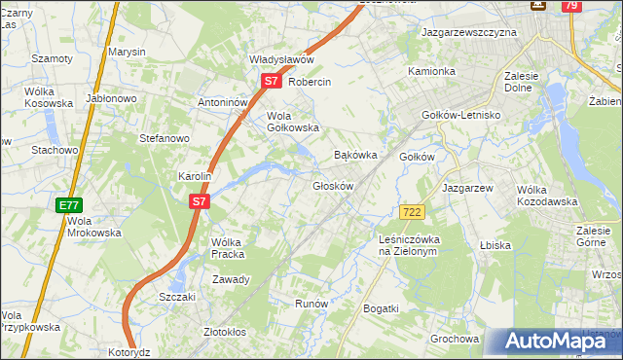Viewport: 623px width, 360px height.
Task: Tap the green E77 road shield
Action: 68,205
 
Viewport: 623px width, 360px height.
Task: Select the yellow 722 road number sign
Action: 411,212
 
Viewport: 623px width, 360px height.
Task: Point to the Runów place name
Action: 311,304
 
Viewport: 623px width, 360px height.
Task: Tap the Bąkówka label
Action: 354,155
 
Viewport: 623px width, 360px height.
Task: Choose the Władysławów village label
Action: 279,58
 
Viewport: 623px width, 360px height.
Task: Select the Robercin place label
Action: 311,83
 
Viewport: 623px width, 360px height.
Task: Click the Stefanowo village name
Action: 164,139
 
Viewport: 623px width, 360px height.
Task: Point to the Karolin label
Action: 195,177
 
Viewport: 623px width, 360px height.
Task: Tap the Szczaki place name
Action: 177,297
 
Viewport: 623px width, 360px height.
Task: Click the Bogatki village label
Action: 380,308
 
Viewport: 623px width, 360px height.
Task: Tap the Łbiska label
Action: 495,245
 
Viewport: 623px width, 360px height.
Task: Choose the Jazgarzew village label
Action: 468,187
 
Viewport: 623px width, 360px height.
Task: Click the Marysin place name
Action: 127,51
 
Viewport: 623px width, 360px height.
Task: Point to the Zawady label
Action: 232,279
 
